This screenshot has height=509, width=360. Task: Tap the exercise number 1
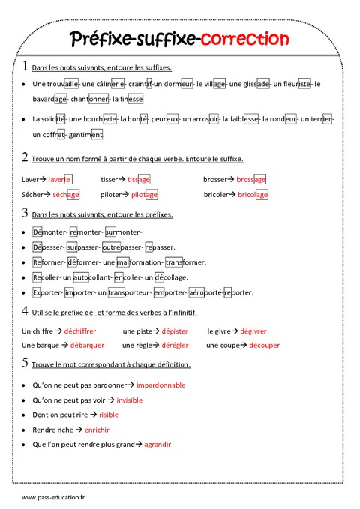point(25,66)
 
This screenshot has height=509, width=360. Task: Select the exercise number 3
point(25,214)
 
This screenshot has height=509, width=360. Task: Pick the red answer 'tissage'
point(139,180)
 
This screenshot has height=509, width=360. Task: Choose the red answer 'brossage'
point(251,180)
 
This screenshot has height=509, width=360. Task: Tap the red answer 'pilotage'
point(144,195)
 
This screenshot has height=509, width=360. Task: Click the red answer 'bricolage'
point(252,195)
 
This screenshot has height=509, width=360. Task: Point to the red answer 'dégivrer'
point(253,331)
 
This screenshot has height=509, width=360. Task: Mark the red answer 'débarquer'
point(87,345)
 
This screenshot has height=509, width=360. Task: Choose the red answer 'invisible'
point(129,400)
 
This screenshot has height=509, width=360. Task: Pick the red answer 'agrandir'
point(157,445)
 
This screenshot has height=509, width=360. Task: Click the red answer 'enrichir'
point(97,430)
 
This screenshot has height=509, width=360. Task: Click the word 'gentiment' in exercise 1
point(85,135)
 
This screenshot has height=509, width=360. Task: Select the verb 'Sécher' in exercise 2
point(32,195)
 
